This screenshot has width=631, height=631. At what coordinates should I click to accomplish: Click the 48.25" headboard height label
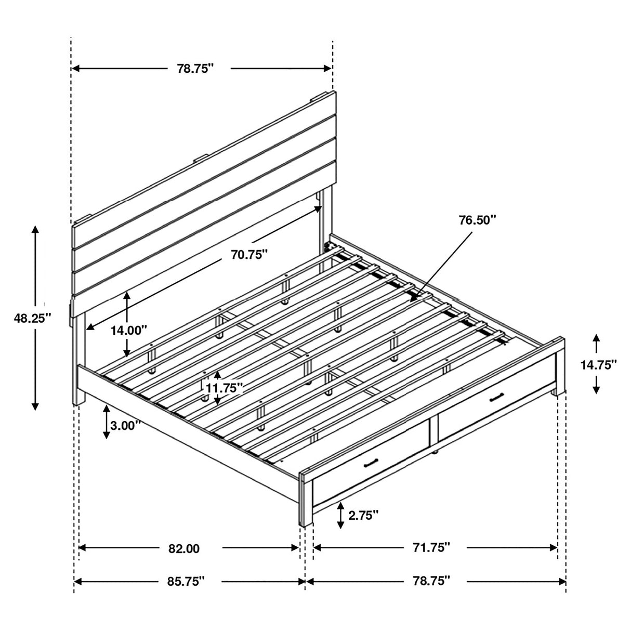(x=33, y=318)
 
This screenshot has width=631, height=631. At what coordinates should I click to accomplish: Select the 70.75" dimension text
(x=249, y=254)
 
